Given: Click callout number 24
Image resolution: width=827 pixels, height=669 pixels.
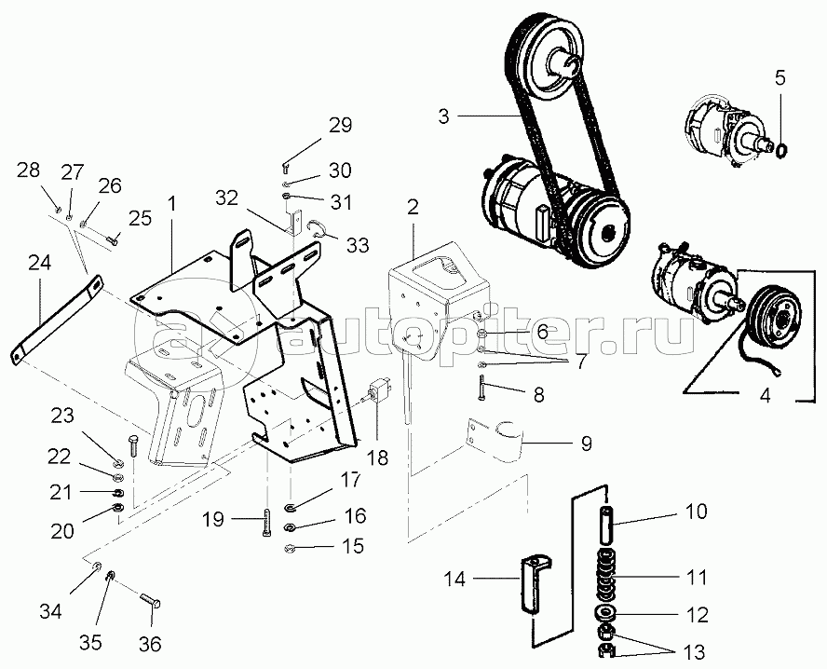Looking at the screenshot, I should (39, 263).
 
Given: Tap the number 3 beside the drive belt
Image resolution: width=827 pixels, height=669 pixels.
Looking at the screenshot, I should (444, 116).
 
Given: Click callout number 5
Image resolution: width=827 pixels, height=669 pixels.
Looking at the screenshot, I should (780, 79).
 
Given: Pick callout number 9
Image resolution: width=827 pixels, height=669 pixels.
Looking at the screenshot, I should (586, 444).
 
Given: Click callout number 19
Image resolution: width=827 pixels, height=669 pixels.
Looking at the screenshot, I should (213, 519).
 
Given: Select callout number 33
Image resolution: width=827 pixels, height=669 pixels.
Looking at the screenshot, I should (357, 246).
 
